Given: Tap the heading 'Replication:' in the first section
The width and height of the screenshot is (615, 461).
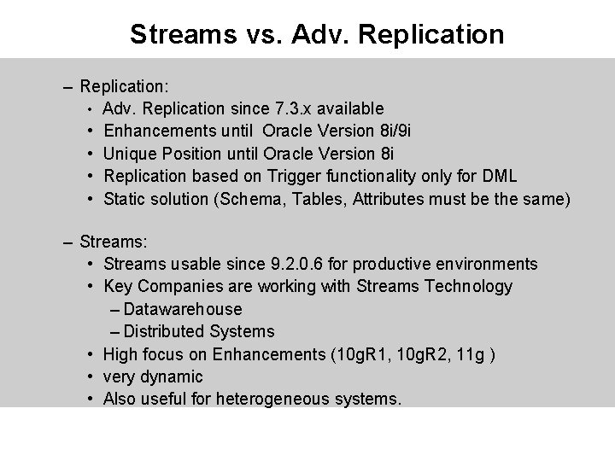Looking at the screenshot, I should [124, 86].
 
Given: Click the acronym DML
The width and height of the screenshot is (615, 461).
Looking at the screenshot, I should [500, 177].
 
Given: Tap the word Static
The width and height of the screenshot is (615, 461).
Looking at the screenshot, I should [124, 200].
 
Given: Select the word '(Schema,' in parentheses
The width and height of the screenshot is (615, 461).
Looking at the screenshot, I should [249, 200].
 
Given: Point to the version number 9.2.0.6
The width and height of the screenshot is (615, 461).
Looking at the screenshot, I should [297, 264].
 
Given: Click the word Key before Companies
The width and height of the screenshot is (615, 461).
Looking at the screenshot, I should [118, 286].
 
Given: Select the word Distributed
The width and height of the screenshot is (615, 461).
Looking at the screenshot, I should [167, 331].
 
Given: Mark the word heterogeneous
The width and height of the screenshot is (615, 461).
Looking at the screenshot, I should [273, 399].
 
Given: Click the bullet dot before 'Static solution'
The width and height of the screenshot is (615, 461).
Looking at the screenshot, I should [90, 200].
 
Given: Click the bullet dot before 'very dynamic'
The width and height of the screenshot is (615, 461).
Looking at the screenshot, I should [90, 376].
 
